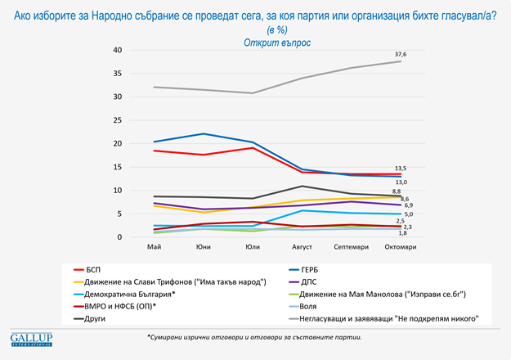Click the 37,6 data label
(x=401, y=54)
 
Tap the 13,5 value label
(x=401, y=168)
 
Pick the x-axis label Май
(x=154, y=246)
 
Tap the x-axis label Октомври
(x=400, y=246)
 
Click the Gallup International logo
(x=30, y=339)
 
